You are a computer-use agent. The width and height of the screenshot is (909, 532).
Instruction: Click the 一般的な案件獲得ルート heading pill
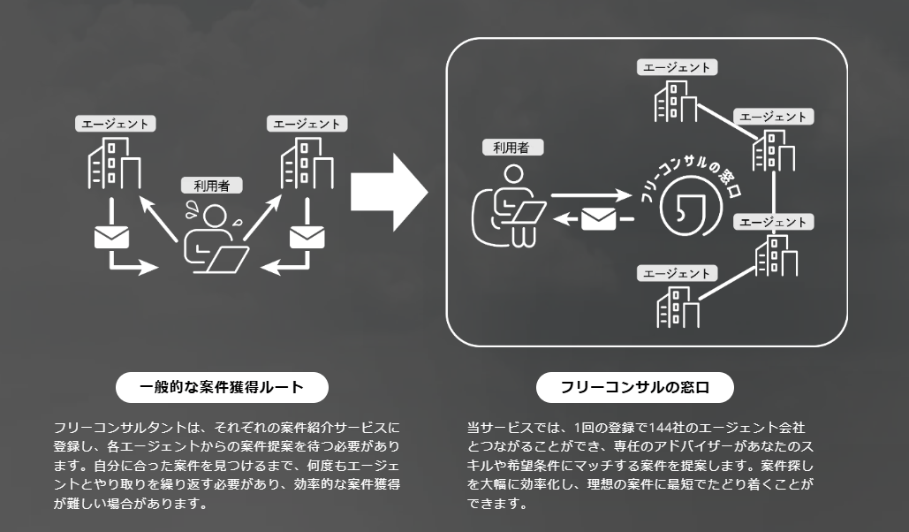[x=222, y=387]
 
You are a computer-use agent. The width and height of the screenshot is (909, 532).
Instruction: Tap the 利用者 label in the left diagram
[x=211, y=186]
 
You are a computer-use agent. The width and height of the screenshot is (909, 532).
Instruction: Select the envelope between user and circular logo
[x=598, y=217]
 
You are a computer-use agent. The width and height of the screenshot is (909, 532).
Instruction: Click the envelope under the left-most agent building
[x=112, y=237]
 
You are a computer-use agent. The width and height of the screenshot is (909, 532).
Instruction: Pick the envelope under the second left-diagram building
[x=307, y=237]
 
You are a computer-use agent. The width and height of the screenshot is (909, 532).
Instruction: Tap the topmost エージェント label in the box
[x=678, y=67]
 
